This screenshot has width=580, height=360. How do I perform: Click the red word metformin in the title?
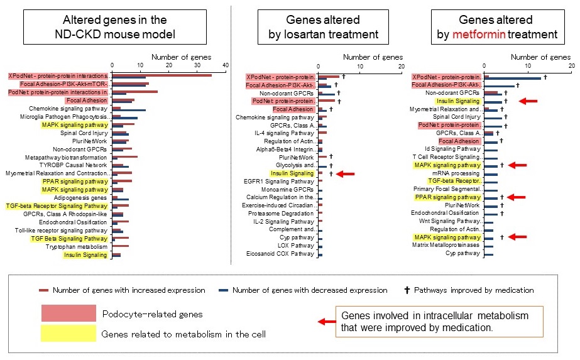click(x=479, y=35)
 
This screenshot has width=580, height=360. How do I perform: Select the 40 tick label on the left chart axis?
click(x=226, y=65)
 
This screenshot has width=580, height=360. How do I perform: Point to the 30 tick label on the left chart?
click(x=197, y=65)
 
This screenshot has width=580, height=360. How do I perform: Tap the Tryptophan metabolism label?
click(x=77, y=247)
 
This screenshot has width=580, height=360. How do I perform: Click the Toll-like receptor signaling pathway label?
click(x=61, y=231)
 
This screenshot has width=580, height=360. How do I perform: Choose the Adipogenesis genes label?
click(x=80, y=198)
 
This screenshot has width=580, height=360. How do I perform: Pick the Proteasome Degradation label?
click(x=281, y=214)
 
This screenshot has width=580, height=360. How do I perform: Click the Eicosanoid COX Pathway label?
click(x=280, y=254)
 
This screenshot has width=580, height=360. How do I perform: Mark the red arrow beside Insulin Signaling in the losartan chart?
click(x=346, y=173)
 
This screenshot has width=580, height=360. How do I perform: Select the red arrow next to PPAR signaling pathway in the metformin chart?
click(x=517, y=197)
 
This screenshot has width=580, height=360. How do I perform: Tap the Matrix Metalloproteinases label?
click(x=446, y=245)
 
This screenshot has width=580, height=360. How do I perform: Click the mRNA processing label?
click(x=456, y=173)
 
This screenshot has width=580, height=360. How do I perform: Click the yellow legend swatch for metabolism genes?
click(x=68, y=333)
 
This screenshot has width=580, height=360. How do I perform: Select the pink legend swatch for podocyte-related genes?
click(x=68, y=313)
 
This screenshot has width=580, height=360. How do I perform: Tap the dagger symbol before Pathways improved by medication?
click(x=407, y=290)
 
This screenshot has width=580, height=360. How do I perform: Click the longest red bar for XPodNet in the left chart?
click(x=162, y=75)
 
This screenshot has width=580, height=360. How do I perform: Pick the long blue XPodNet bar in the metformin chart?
click(x=513, y=79)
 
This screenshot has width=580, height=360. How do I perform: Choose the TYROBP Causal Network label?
click(x=73, y=165)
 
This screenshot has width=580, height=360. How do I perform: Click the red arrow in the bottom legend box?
click(x=327, y=322)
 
